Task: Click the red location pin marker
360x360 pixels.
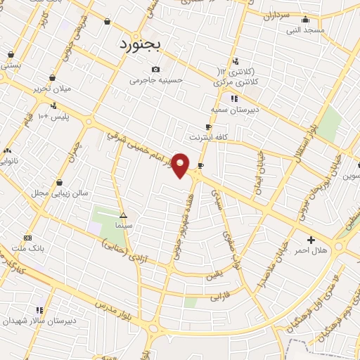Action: pyautogui.click(x=181, y=165)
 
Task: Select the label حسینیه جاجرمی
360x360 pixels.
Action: pyautogui.click(x=156, y=80)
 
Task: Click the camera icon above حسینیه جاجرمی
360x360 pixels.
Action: pyautogui.click(x=155, y=69)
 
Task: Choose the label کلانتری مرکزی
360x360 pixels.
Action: pyautogui.click(x=234, y=82)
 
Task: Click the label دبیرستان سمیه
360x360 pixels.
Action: pyautogui.click(x=235, y=110)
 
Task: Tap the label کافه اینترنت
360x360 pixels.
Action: pyautogui.click(x=209, y=136)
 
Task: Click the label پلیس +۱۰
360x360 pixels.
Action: pyautogui.click(x=55, y=115)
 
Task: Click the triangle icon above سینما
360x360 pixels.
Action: pyautogui.click(x=124, y=215)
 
